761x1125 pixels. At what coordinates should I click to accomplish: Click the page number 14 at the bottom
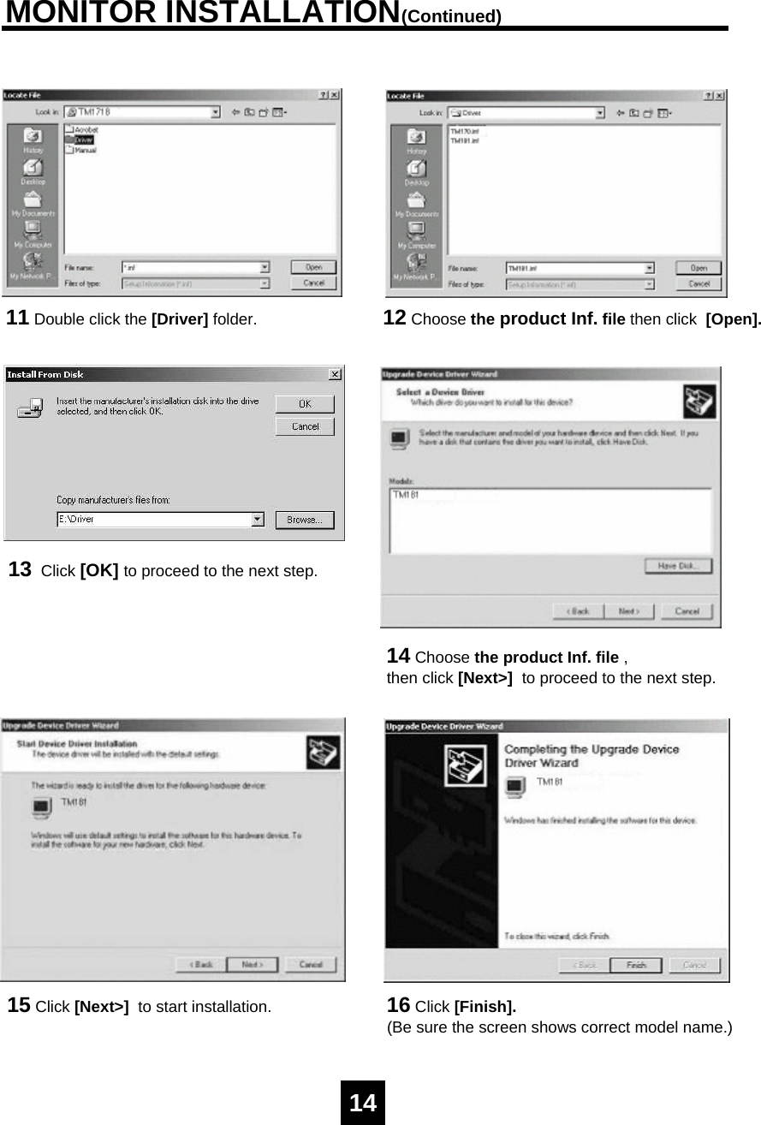pos(363,1103)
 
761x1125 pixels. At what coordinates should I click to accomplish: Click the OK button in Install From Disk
pos(305,404)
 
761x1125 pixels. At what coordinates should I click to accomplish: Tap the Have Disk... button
pos(678,566)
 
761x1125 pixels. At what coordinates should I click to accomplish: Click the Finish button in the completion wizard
pos(636,965)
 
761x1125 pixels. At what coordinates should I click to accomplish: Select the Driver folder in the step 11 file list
pos(83,140)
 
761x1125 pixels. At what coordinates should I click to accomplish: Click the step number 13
pos(21,569)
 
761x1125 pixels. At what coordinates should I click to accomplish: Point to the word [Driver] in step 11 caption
pos(180,320)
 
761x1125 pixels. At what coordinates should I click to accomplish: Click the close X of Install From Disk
pos(334,374)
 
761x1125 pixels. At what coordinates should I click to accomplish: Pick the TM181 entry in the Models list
pos(406,495)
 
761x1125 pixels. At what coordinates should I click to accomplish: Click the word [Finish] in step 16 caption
pos(485,1006)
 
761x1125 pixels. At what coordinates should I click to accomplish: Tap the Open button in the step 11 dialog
pos(313,267)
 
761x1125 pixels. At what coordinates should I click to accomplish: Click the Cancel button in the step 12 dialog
pos(699,283)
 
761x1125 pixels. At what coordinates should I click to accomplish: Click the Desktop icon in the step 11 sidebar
pos(33,170)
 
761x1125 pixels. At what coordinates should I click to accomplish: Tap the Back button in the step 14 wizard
pos(580,611)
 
